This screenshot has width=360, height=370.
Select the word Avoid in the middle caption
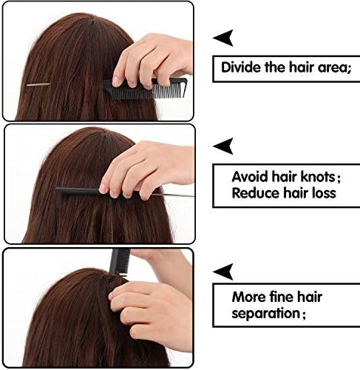pos(250,177)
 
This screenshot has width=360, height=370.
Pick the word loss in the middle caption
pos(324,193)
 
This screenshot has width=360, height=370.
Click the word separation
pos(265,314)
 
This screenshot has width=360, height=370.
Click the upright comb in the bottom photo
pos(118,262)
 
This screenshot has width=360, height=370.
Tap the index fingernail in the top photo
pos(116,81)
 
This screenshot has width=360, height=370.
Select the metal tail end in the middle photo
pos(172,195)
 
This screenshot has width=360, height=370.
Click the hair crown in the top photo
pos(93,21)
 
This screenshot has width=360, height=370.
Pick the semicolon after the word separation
pos(304,314)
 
